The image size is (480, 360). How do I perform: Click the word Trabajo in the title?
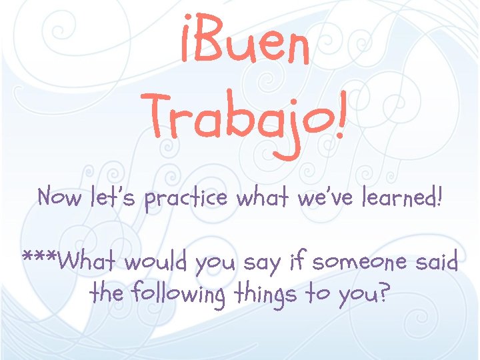click(x=237, y=119)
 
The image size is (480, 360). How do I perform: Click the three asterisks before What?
click(x=39, y=257)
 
